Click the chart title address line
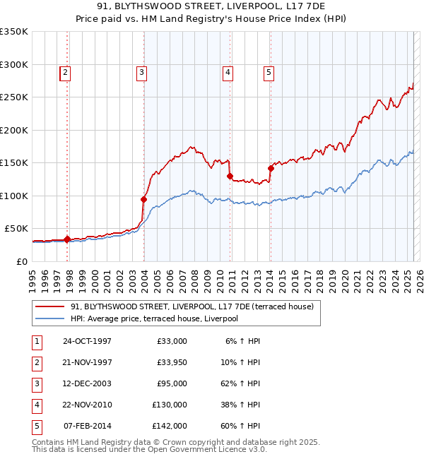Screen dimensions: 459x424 pos(212,8)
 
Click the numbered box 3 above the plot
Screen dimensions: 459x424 pos(142,71)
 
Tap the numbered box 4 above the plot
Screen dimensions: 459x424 pos(228,71)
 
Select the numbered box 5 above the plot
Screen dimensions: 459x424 pos(269,71)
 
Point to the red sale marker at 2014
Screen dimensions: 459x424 pos(271,168)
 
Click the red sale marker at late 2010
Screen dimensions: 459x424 pos(230,176)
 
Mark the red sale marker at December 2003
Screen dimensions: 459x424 pos(143,199)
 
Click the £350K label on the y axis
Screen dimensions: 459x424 pos(14,32)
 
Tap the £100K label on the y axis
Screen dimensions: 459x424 pos(14,196)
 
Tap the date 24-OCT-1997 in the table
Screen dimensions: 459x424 pos(87,341)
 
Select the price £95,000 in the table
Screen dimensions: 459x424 pos(170,383)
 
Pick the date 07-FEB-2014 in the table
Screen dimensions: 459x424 pos(87,426)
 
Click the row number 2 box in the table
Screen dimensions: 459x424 pos(37,362)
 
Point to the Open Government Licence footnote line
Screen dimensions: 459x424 pos(149,449)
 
